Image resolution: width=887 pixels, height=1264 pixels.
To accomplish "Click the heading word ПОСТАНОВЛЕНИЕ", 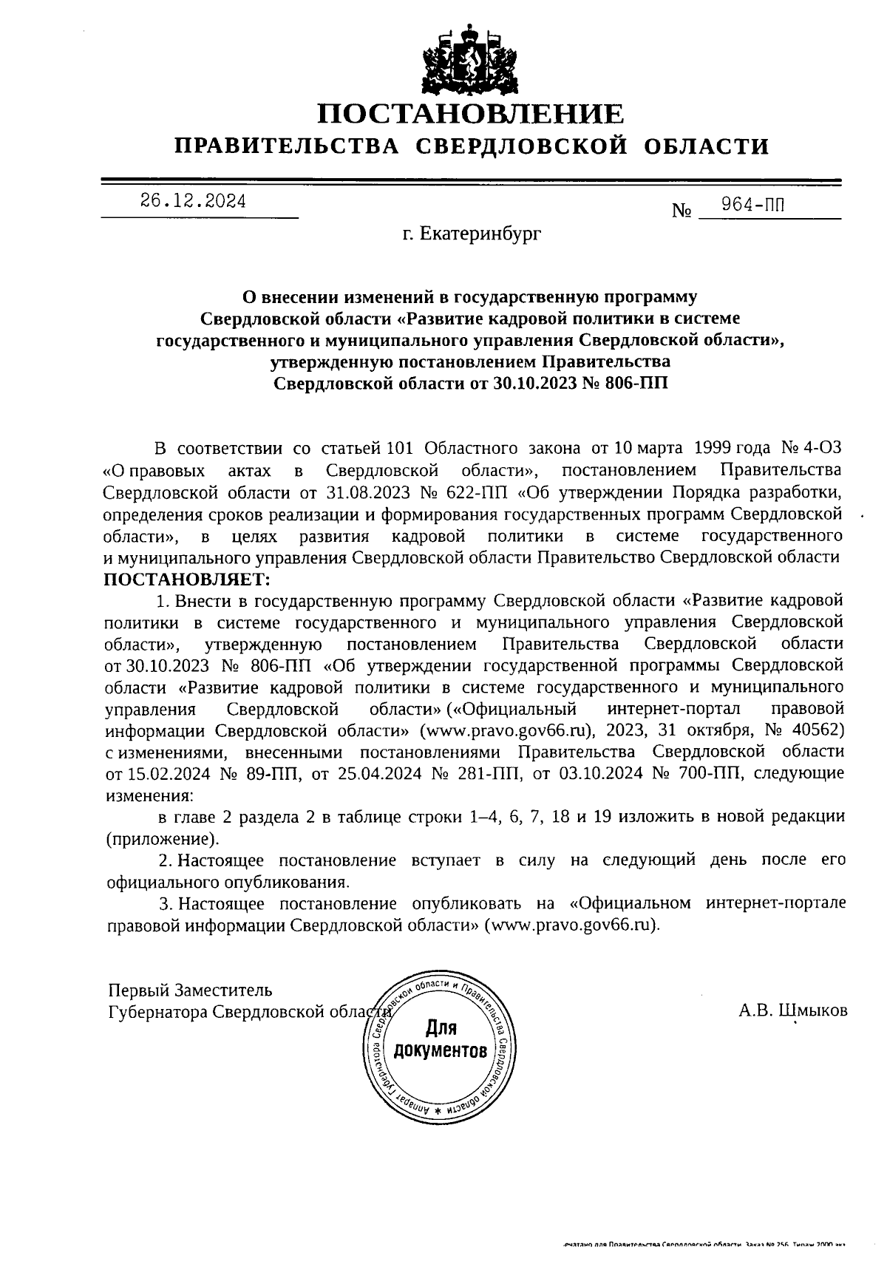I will (x=471, y=115).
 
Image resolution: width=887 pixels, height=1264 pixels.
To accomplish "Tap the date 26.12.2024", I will (x=193, y=202).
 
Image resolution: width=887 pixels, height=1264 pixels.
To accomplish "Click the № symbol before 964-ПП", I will (x=681, y=211).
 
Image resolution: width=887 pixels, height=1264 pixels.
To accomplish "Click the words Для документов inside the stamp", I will (x=441, y=1039).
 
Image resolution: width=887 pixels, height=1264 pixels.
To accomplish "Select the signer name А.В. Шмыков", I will (x=792, y=1010).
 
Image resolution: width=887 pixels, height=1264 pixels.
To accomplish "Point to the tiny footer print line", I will (x=703, y=1246).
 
